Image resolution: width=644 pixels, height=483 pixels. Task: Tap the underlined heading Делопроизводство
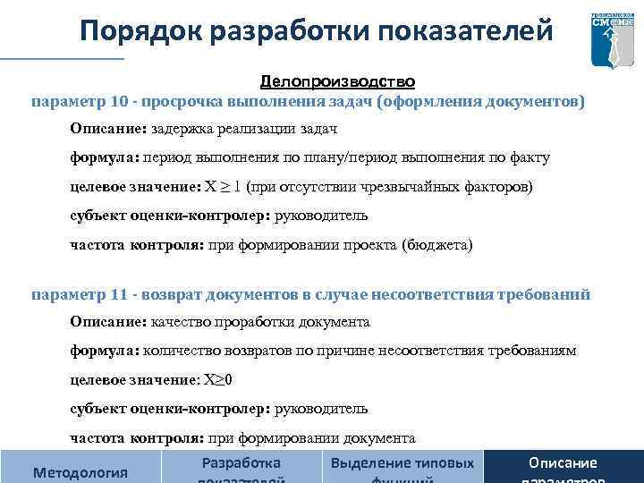[337, 81]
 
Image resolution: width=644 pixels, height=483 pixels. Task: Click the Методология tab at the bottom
[80, 470]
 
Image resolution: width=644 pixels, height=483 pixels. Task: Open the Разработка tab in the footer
[241, 463]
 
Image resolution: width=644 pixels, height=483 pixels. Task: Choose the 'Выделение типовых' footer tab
[402, 463]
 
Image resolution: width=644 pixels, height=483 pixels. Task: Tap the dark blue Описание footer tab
[563, 463]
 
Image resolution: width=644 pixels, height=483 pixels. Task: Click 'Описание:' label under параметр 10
[109, 129]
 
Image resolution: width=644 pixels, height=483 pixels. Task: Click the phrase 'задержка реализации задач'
[244, 129]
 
